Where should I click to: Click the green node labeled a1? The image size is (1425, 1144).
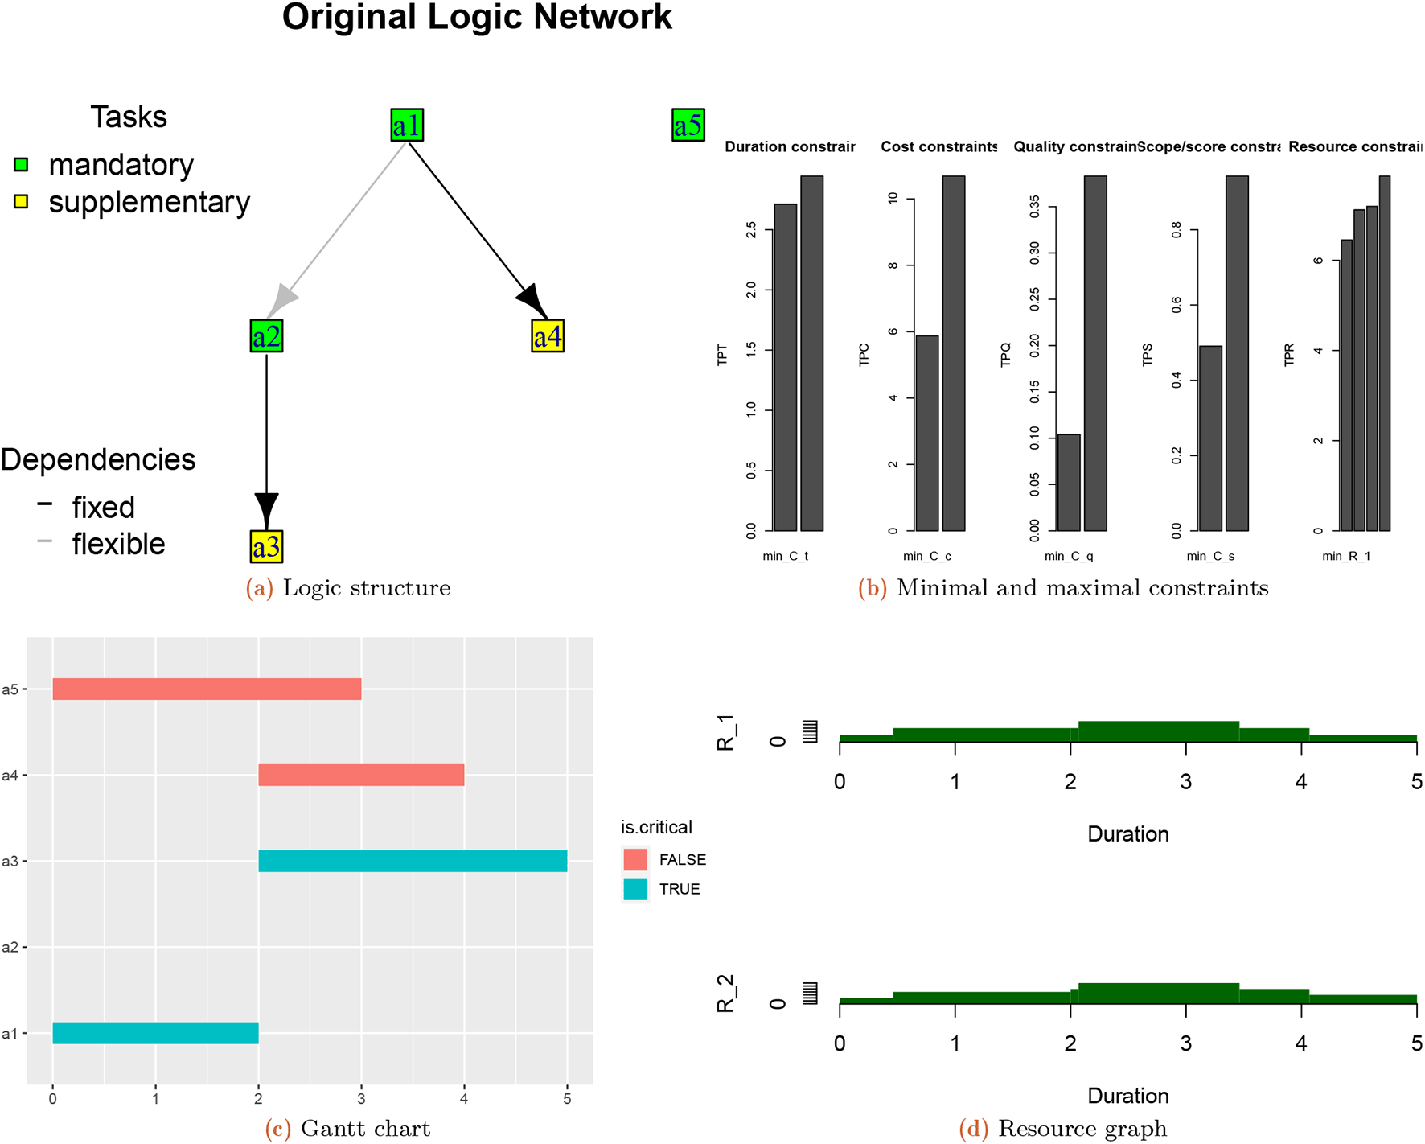(407, 126)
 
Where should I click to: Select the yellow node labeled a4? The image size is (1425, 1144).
(548, 336)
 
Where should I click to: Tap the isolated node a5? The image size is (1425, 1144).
(688, 126)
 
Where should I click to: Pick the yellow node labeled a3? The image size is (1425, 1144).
(266, 547)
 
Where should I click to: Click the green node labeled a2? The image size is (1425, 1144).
(266, 336)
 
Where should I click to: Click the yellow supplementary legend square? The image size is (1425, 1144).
(22, 202)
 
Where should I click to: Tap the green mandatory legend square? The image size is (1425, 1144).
(22, 165)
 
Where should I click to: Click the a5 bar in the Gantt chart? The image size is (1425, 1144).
(207, 689)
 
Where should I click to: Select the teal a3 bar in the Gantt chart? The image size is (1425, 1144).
(413, 861)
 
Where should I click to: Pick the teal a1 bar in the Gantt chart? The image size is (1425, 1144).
(155, 1033)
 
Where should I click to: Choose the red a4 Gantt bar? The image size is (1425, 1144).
(361, 776)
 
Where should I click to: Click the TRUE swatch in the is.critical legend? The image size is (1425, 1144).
(635, 889)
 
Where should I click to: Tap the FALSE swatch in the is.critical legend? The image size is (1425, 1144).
(635, 860)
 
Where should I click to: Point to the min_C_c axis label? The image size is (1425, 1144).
(926, 556)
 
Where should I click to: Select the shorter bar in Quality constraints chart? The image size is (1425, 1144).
(1069, 483)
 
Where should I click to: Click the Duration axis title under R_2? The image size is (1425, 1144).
(1127, 1096)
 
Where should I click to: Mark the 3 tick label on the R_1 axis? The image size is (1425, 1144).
(1185, 782)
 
